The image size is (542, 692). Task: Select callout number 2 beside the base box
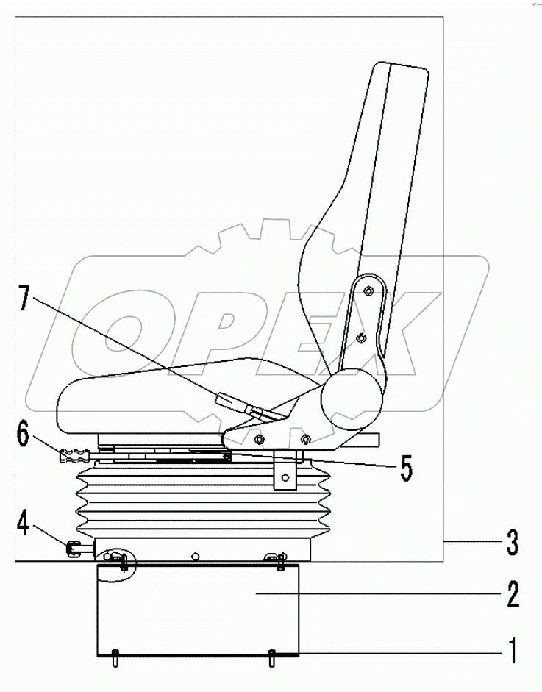coord(511,593)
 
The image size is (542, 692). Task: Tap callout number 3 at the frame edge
coord(512,544)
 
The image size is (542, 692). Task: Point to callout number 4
coord(24,527)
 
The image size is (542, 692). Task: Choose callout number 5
coord(405,468)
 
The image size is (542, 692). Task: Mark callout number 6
coord(24,435)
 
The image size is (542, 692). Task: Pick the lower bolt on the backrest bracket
coord(360,338)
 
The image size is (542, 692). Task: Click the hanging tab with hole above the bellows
coord(284,476)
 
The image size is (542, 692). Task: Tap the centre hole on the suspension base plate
coord(194,556)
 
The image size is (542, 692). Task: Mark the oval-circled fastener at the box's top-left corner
coord(118,562)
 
